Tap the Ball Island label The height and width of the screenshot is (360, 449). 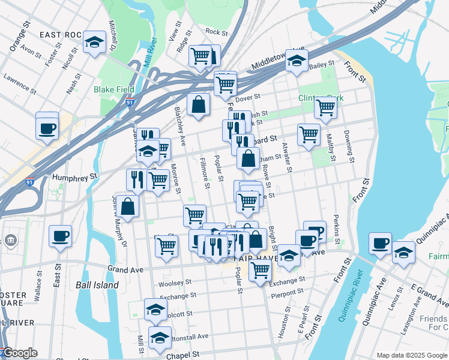97,285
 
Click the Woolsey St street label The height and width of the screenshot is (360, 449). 175,282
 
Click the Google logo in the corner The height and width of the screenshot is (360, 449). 19,353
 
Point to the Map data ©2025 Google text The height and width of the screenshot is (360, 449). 411,355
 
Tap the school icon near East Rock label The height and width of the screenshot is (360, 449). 94,42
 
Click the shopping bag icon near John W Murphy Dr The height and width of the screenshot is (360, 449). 128,206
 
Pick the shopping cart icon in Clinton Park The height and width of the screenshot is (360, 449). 325,108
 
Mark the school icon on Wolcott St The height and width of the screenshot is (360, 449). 155,310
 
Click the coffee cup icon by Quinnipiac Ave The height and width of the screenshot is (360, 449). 380,244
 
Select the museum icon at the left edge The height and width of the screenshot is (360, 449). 11,241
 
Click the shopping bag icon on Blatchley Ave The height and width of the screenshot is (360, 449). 198,105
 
